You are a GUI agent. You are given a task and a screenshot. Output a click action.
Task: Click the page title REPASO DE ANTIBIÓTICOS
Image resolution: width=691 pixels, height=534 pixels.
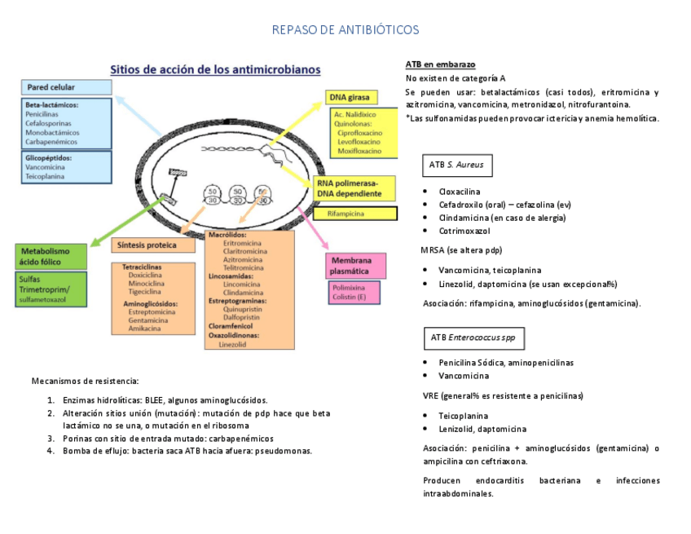tap(345, 30)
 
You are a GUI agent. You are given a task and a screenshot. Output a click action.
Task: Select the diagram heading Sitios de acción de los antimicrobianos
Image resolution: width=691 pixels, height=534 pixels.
tap(215, 69)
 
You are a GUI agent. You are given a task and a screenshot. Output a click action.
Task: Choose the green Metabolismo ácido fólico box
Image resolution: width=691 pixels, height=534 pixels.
tap(51, 256)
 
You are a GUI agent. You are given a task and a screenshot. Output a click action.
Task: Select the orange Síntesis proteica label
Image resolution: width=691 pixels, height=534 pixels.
tap(147, 245)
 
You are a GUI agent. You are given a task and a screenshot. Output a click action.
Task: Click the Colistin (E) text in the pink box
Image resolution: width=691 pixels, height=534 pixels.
tap(350, 297)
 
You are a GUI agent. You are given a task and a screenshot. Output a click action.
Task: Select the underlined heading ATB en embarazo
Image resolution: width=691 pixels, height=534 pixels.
tap(440, 64)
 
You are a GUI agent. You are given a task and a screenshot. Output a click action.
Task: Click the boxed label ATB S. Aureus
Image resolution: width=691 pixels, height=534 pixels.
tap(456, 165)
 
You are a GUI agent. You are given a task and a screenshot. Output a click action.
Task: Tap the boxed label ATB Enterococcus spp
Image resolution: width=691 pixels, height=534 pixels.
tap(466, 337)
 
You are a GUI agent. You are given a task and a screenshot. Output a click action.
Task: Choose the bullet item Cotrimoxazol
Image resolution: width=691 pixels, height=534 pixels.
tap(464, 231)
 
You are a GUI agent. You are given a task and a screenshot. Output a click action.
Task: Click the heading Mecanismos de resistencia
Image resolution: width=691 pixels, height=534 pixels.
tap(85, 381)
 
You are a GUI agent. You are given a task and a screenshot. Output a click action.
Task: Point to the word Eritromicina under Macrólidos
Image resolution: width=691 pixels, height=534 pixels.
tap(242, 243)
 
